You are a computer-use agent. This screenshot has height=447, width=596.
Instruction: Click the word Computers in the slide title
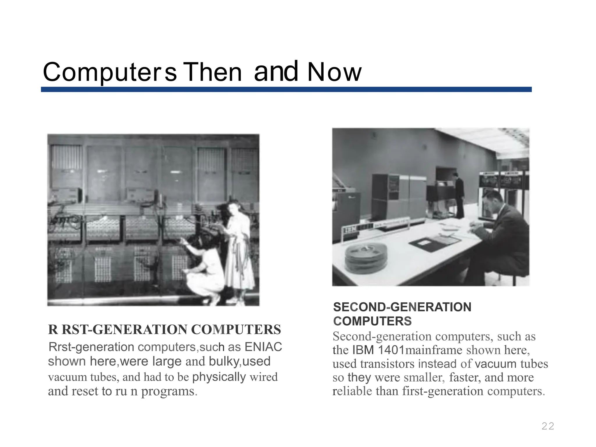point(110,72)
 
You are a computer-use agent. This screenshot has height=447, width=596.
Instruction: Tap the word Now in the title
point(334,72)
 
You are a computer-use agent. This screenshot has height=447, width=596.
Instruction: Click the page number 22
point(548,426)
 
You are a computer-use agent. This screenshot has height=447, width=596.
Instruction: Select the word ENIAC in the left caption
point(263,347)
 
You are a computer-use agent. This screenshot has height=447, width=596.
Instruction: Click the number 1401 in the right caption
point(391,350)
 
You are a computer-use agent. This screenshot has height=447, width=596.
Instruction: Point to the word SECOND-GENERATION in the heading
point(402,307)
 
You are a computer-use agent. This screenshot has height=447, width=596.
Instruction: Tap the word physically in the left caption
point(219,377)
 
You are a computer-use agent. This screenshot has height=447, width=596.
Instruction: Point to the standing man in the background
point(459,195)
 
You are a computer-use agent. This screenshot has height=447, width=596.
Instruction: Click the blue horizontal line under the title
point(286,89)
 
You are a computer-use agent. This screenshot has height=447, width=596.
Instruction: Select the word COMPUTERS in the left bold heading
point(236,330)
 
